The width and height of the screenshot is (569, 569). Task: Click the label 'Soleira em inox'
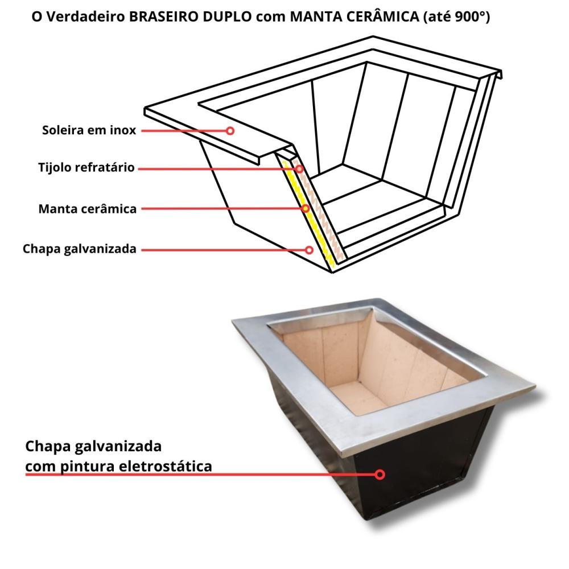point(89,130)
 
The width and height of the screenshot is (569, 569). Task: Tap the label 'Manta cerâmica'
point(88,209)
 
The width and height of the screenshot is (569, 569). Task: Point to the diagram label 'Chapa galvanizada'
point(80,249)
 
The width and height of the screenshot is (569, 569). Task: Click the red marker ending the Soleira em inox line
point(230,130)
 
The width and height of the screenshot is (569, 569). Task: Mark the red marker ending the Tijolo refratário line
point(299,168)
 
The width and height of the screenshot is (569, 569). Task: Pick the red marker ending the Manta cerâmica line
point(306,209)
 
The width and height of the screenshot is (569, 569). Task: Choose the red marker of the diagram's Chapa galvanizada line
point(309,249)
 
